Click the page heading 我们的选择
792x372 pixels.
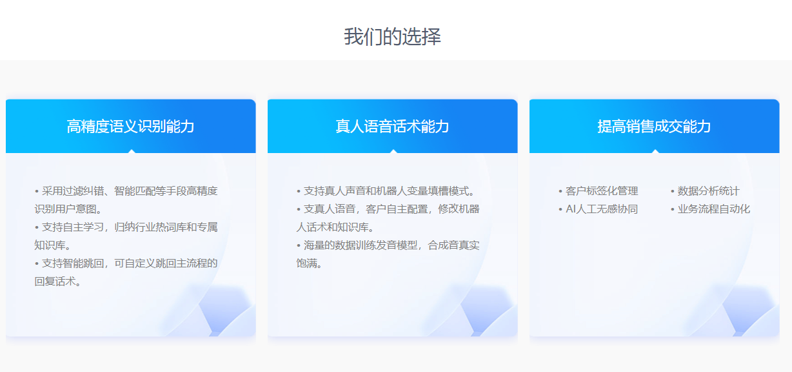point(393,36)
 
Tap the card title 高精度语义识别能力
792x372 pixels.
point(130,127)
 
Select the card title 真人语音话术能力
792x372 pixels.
point(393,127)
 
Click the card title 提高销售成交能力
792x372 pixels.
point(654,127)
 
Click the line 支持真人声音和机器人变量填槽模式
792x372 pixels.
point(386,191)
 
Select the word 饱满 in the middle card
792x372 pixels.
point(306,263)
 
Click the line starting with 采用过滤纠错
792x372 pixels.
point(126,191)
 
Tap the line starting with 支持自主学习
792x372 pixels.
point(126,227)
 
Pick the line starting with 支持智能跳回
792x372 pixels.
point(126,263)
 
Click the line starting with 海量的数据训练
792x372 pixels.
point(388,245)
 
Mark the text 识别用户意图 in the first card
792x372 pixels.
point(65,209)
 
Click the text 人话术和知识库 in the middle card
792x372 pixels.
point(333,227)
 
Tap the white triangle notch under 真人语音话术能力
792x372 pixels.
point(393,152)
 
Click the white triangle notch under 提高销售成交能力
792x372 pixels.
point(655,152)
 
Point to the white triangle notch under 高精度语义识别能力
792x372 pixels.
point(132,152)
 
